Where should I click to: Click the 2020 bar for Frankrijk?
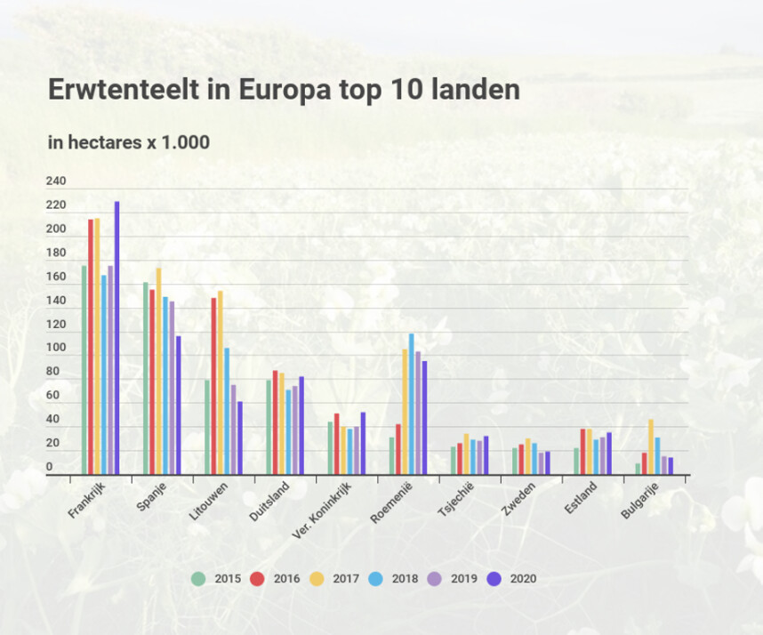pos(116,338)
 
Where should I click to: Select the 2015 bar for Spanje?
pos(146,379)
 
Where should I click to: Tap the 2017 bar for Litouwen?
pos(221,382)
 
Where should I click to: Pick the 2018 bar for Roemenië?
pos(412,404)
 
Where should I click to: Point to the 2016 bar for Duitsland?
pos(276,422)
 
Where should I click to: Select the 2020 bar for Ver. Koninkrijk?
pos(363,443)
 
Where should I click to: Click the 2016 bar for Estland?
pos(583,452)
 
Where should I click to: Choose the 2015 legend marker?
pos(198,579)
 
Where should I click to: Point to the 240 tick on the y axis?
pos(56,181)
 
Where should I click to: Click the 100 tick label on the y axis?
pos(56,348)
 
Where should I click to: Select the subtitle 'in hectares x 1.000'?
pos(128,142)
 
